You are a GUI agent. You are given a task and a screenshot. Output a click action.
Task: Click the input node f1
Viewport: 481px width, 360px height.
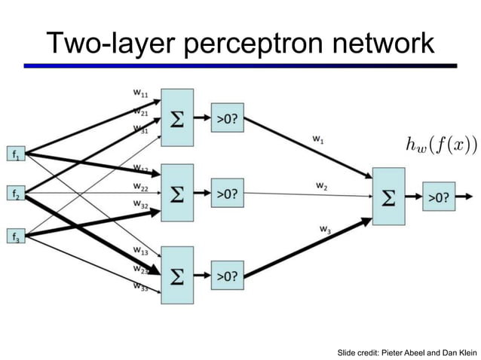coord(16,154)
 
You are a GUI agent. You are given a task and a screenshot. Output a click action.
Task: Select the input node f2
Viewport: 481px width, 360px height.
coord(16,194)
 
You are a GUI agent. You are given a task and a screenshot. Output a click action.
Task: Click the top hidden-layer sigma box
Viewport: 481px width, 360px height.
coord(176,117)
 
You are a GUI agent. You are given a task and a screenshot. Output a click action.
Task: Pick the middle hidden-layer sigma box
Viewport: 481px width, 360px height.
coord(176,194)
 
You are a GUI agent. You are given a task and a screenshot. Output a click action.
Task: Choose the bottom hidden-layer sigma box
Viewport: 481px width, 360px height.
coord(176,276)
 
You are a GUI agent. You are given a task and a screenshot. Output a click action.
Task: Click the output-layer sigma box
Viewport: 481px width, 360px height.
coord(388,197)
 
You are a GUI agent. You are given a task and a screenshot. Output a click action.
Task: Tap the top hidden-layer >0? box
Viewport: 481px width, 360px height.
coord(228,117)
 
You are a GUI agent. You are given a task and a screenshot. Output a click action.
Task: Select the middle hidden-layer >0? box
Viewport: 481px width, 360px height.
coord(228,194)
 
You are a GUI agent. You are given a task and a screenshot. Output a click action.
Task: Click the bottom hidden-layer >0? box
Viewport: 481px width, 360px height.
coord(228,276)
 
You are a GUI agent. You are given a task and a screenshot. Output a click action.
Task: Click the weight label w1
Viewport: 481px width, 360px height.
coord(320,139)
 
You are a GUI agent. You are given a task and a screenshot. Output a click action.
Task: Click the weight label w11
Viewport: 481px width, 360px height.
coord(140,94)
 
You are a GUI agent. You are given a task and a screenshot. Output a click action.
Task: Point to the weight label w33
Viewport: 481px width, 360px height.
coord(140,286)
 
